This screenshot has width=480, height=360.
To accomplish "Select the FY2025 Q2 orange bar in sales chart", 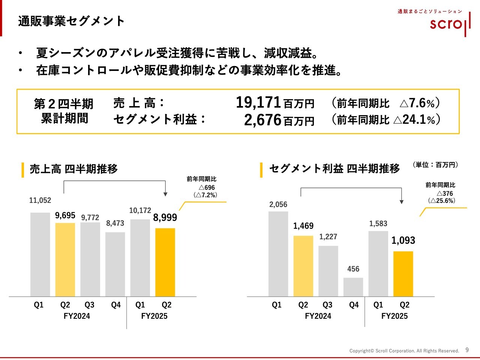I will tap(165, 262).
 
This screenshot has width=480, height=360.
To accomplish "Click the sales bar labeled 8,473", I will tap(115, 264).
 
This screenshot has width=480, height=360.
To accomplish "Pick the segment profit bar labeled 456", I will tap(353, 287).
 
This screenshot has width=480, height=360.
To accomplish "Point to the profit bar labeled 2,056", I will tap(278, 254).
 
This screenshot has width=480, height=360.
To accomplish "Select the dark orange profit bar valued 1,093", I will tap(403, 274).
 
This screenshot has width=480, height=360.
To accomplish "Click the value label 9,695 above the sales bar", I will tap(65, 216).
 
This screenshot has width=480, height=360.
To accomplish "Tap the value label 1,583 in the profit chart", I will tap(378, 224).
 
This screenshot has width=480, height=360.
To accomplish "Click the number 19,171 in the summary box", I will tap(258, 102).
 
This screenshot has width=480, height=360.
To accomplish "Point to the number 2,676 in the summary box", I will tap(262, 120).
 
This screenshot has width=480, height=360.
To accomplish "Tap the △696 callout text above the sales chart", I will tap(207, 187).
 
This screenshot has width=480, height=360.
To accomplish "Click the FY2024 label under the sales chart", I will tap(77, 316).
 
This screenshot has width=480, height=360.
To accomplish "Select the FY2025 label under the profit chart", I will tap(394, 316).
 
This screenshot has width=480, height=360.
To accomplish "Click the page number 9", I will tap(467, 350).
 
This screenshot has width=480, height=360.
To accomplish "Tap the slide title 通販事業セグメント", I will tap(71, 21).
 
